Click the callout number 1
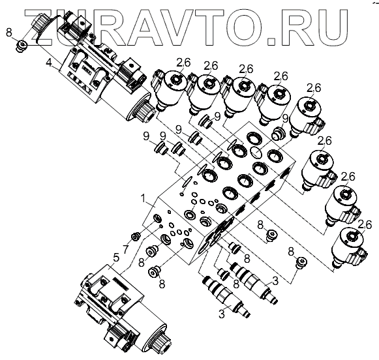tap(144, 199)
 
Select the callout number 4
tap(48, 63)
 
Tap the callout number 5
tap(116, 258)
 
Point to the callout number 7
tap(125, 249)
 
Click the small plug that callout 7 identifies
tap(136, 236)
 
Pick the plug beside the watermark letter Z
tap(22, 45)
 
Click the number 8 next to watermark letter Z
tap(8, 33)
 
